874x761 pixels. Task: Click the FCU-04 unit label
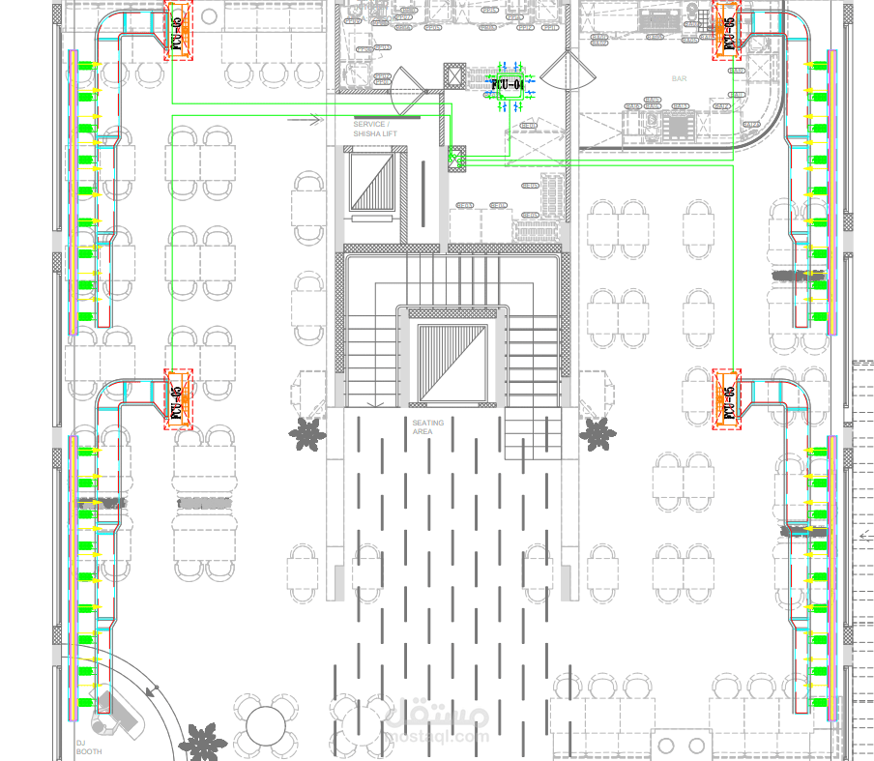point(508,85)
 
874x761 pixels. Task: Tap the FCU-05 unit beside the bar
point(728,30)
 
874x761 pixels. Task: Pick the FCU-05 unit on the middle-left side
point(177,398)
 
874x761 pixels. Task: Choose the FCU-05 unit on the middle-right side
point(728,398)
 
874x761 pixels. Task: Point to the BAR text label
point(680,78)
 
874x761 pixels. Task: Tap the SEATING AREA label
point(428,427)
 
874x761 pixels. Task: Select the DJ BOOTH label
point(88,747)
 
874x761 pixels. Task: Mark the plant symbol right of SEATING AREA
point(597,434)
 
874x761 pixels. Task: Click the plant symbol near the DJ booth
point(202,742)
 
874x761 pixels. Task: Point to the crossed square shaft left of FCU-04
point(454,76)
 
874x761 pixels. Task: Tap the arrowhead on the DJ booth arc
point(151,690)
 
